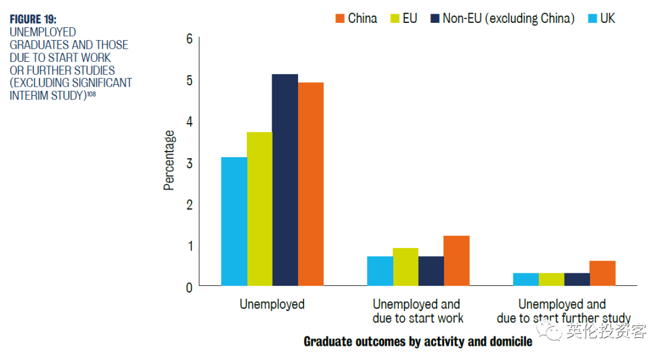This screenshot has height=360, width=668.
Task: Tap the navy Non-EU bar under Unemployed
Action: [285, 180]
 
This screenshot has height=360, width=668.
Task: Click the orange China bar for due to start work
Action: [456, 261]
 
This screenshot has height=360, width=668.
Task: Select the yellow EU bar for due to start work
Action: [406, 267]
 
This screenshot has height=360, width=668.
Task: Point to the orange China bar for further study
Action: [602, 273]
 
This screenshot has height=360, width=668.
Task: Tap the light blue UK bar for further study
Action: [526, 280]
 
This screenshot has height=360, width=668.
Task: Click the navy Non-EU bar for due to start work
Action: [431, 271]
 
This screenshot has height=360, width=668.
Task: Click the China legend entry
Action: [356, 19]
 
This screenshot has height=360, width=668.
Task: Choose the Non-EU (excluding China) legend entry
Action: [502, 19]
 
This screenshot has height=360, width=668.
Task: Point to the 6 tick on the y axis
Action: [189, 39]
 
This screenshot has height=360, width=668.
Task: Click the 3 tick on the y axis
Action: [189, 163]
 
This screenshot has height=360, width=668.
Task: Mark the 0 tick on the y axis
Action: [189, 287]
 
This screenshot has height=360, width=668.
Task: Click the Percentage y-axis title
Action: [169, 160]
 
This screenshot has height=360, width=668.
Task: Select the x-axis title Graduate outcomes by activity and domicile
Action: [417, 341]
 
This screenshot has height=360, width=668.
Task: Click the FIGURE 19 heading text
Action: [33, 19]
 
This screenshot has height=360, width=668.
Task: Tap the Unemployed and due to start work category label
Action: [417, 311]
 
